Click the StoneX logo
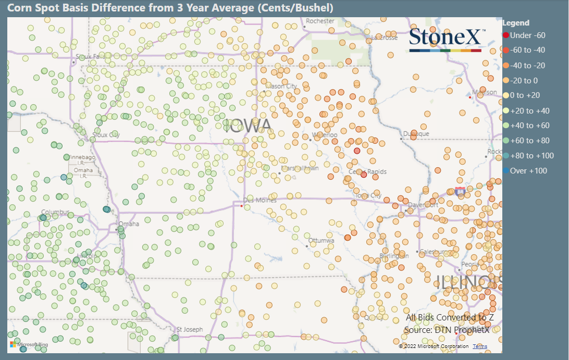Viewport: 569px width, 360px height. pos(446,40)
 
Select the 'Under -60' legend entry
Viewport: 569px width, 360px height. pos(527,35)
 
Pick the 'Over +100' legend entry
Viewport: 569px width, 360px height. pos(528,171)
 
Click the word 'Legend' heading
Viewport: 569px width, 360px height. pos(516,23)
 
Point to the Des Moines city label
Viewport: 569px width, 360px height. pos(259,201)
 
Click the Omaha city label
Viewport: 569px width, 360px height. pos(129,224)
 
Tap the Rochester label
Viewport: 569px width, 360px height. pos(320,21)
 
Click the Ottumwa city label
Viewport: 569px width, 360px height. pos(321,241)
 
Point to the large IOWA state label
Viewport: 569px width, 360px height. pos(247,125)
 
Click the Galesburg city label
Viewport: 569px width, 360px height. pos(434,252)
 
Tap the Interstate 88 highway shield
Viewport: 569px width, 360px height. pos(460,192)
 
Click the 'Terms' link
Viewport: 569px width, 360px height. pos(480,346)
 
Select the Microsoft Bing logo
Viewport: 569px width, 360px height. pos(29,344)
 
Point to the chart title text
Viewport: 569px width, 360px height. pos(170,8)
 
